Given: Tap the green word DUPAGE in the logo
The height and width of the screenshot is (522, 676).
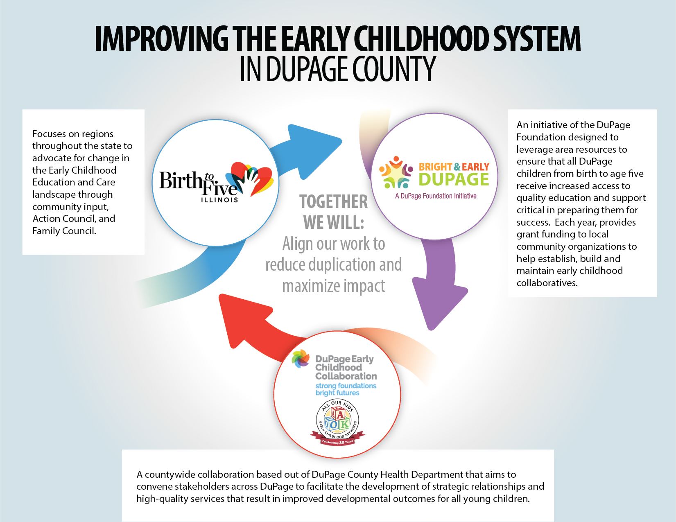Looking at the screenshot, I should coord(454,179).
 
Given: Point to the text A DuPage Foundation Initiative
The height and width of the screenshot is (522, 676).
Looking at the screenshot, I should coord(436,196).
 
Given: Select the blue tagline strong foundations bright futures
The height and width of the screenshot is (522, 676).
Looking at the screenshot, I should coord(346,389).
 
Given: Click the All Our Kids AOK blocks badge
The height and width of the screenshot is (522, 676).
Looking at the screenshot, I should coord(338,424).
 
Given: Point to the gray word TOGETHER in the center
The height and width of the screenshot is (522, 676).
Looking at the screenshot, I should coord(334,202).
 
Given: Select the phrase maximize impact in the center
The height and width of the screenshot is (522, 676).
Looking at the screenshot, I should coord(334,286).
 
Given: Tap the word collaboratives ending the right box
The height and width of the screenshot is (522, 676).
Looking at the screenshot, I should coord(547,283).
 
